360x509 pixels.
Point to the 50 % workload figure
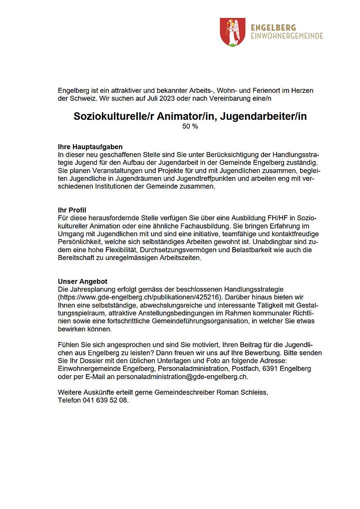[190, 127]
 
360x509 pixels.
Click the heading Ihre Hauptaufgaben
[90, 147]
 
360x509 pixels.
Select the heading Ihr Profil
[72, 210]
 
